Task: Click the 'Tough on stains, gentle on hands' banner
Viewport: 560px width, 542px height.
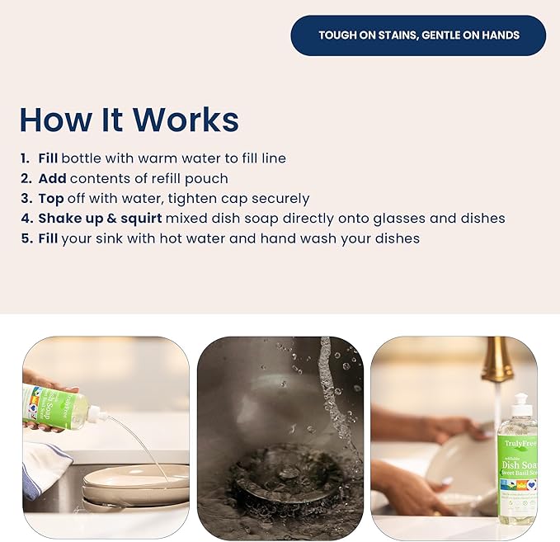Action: coord(418,35)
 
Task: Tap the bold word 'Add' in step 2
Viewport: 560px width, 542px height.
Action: coord(52,178)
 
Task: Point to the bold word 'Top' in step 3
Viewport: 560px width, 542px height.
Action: coord(51,198)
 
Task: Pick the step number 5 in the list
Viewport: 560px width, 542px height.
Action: coord(25,238)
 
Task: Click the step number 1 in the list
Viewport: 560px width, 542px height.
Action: coord(25,158)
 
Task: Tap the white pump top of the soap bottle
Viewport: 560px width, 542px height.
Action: coord(519,407)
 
